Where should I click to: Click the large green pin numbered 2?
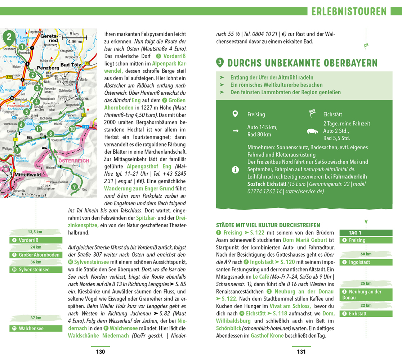click(x=9, y=36)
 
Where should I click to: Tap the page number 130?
click(x=100, y=352)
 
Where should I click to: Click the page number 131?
click(x=301, y=352)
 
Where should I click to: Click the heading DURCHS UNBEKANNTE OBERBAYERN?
click(x=303, y=63)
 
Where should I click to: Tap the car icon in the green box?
click(x=312, y=131)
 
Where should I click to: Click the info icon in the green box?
click(x=235, y=169)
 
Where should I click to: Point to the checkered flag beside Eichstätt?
click(x=312, y=114)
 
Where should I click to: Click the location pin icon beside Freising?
click(x=235, y=114)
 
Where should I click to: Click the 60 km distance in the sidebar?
click(x=366, y=254)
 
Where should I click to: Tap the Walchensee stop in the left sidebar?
click(x=31, y=328)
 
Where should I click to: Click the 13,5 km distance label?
click(x=35, y=232)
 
